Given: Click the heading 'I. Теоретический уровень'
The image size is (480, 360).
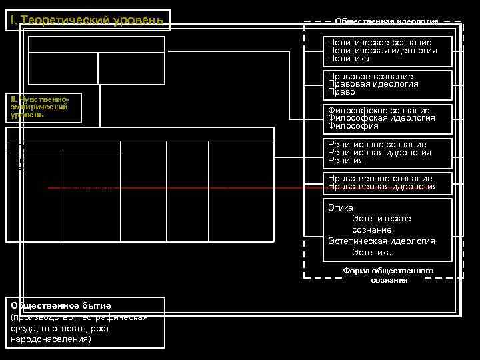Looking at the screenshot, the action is [x=87, y=20].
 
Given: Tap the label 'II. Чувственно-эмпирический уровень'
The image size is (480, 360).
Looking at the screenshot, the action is [x=45, y=107].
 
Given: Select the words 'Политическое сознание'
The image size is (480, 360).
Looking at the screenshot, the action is [x=379, y=43].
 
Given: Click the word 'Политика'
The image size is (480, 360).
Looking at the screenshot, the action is [x=349, y=59].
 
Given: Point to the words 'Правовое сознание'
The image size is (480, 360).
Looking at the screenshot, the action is [x=370, y=77].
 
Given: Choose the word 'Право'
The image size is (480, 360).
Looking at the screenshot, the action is [x=341, y=92].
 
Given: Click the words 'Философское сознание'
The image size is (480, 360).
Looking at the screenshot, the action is [x=379, y=111].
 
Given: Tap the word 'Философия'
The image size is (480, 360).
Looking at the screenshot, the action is [x=353, y=126].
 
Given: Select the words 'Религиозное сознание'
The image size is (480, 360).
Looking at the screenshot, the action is [x=377, y=145].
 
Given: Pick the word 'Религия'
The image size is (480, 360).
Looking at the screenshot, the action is [x=345, y=161].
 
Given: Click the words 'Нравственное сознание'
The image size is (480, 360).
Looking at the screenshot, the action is [x=379, y=179].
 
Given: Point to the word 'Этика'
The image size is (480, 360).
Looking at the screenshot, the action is [x=340, y=208].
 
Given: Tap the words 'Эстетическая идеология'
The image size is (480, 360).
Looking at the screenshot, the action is [x=381, y=241].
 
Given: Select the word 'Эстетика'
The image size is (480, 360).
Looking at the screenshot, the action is [x=372, y=252].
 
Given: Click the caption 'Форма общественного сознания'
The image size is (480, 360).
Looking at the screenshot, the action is [x=389, y=275].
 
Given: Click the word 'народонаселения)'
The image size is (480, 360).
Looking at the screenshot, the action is [x=51, y=339].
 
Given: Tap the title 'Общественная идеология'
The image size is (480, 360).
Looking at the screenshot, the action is [x=386, y=21].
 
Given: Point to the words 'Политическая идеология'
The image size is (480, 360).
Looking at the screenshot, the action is [x=382, y=51].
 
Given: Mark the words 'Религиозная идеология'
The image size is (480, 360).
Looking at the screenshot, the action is [x=379, y=153].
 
